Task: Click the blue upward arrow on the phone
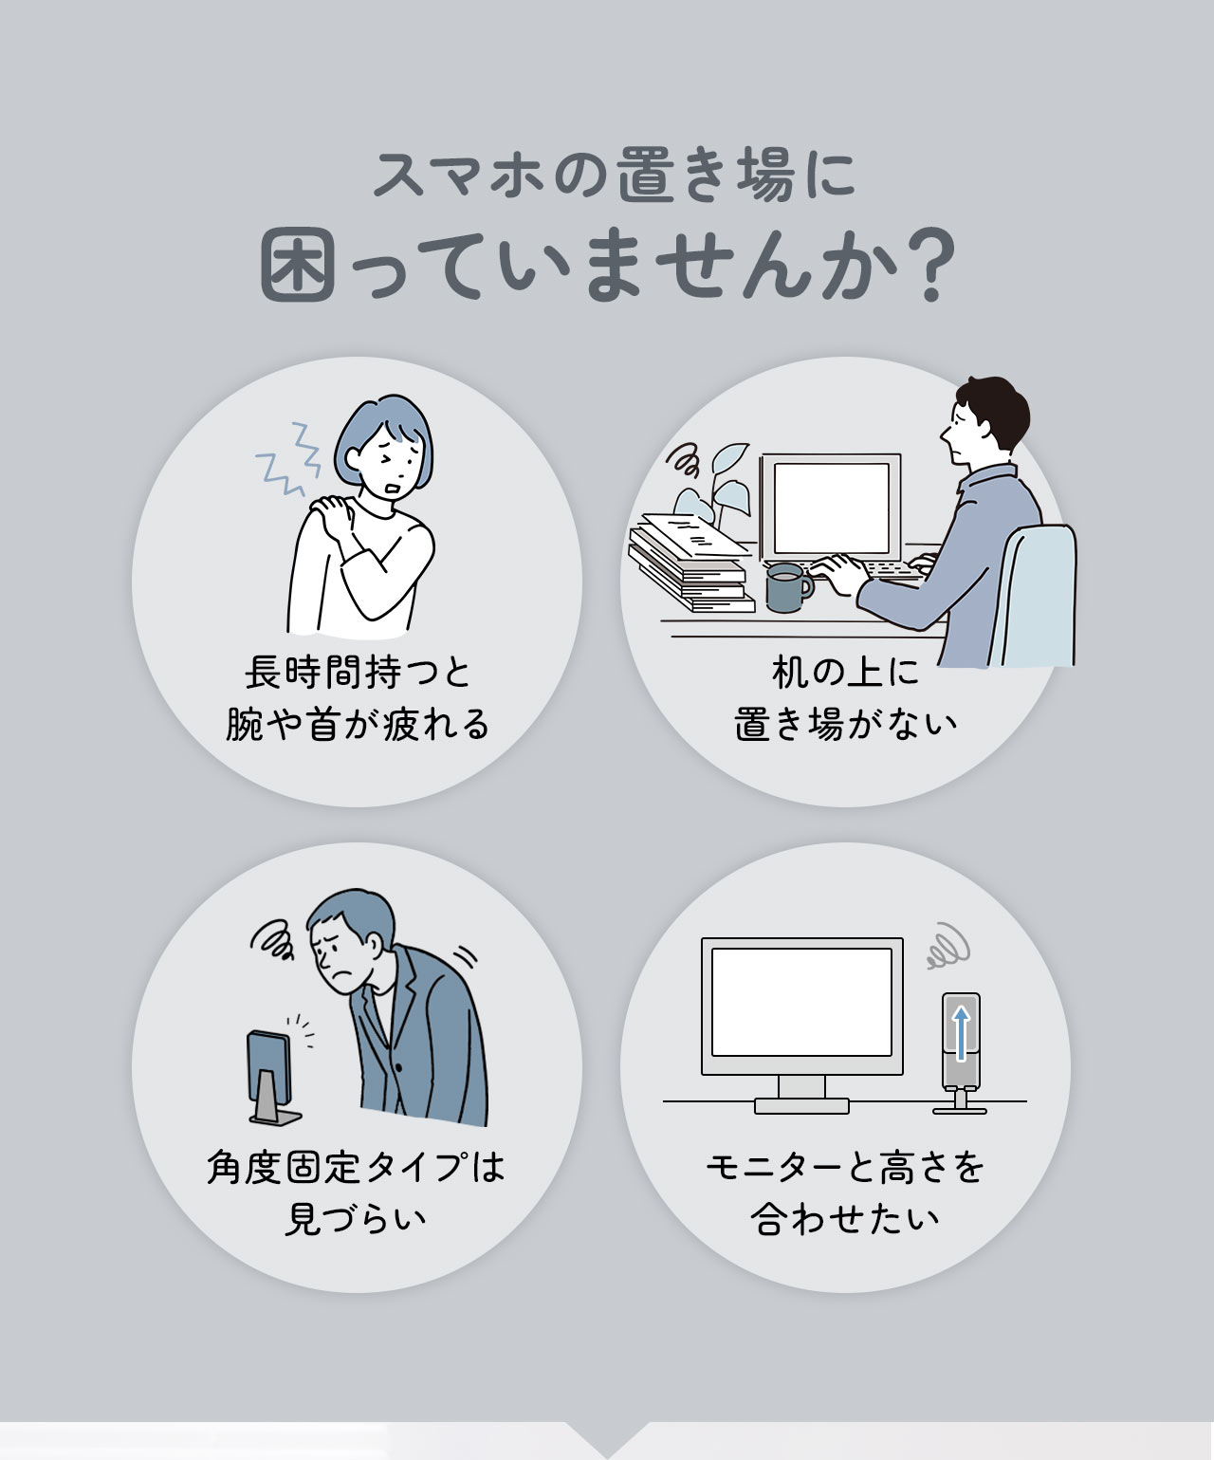961,1033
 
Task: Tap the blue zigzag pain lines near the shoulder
289,460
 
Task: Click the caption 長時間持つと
358,674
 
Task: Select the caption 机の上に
845,674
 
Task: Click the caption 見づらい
356,1219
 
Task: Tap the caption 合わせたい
845,1219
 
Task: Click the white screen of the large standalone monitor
801,1001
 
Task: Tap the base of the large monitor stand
801,1105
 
